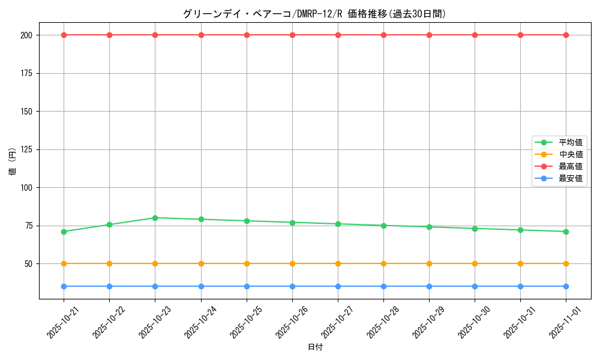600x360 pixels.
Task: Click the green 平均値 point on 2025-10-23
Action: click(x=155, y=218)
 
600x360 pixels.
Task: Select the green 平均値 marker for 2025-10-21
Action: click(x=64, y=232)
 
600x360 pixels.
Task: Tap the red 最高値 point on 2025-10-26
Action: click(x=292, y=35)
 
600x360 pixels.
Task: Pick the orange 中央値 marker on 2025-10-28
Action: click(x=383, y=263)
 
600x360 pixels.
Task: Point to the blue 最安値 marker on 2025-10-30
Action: click(x=475, y=286)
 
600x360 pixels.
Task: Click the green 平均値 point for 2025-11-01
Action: click(x=566, y=232)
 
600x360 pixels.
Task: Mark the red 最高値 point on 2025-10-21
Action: click(x=64, y=35)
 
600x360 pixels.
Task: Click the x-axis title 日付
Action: click(x=315, y=347)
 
